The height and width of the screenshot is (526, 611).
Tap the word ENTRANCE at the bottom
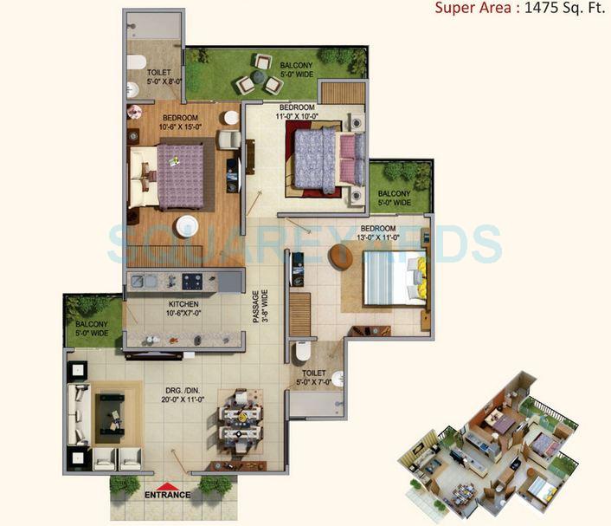pos(167,496)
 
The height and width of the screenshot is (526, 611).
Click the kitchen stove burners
pos(191,280)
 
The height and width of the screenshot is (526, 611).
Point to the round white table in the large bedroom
pos(187,227)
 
